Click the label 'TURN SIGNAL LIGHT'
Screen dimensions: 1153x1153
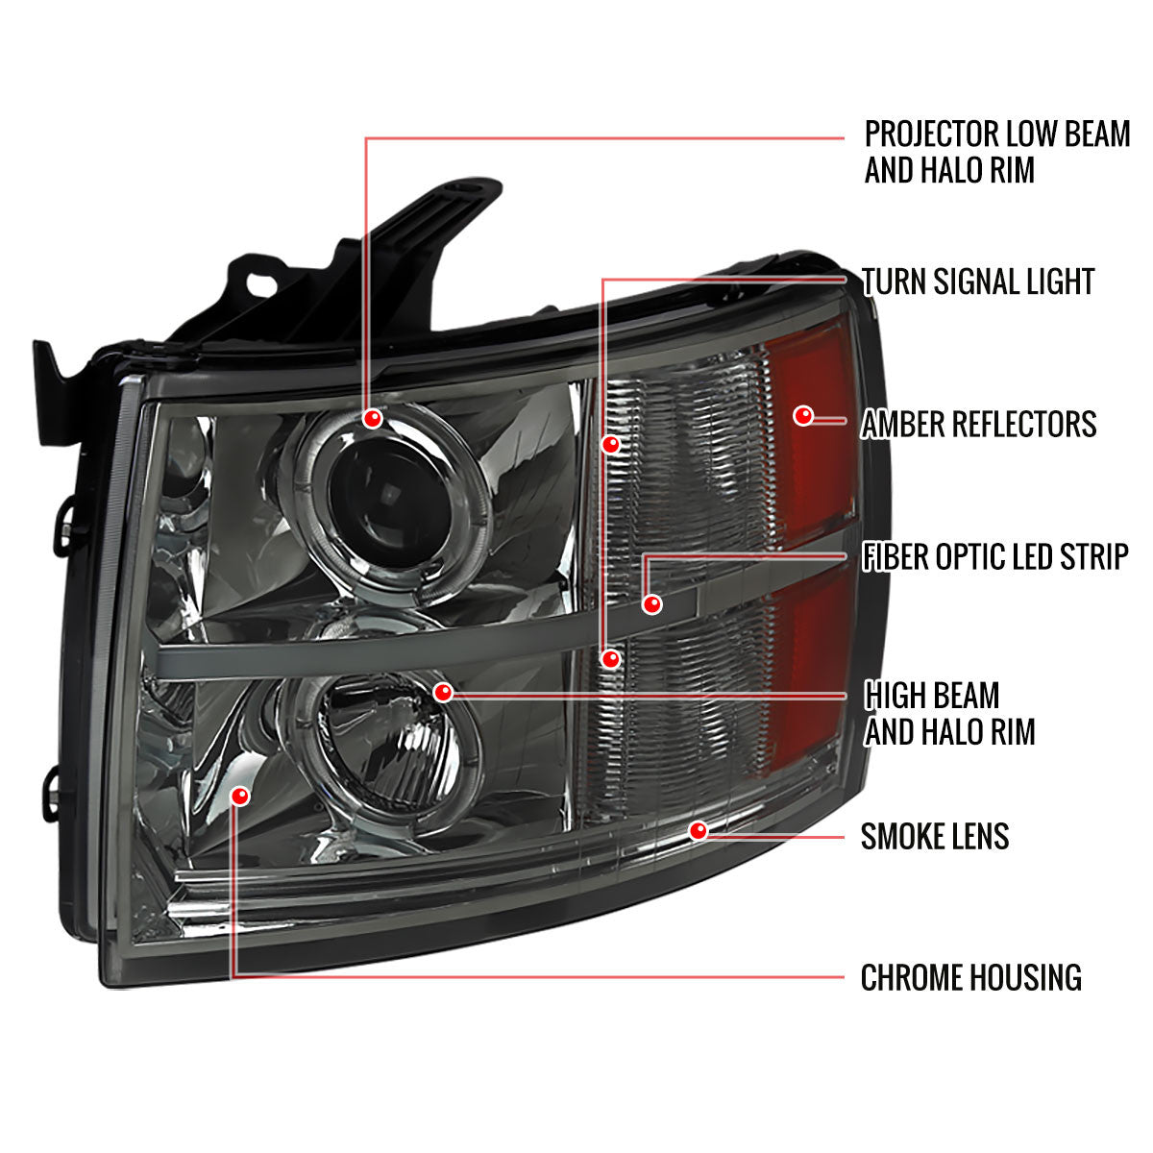point(978,282)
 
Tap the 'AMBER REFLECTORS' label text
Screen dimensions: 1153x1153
point(978,424)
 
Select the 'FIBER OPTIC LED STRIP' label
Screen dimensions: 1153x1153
point(994,556)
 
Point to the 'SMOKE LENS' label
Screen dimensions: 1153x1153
point(935,836)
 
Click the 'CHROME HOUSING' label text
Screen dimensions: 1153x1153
point(970,978)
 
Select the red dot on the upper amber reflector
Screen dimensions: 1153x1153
point(803,415)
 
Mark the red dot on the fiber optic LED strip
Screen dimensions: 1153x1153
point(653,604)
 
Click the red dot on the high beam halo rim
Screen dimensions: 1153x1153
point(443,692)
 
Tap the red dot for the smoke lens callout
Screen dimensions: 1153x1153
point(699,830)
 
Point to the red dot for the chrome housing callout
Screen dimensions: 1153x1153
point(240,796)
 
